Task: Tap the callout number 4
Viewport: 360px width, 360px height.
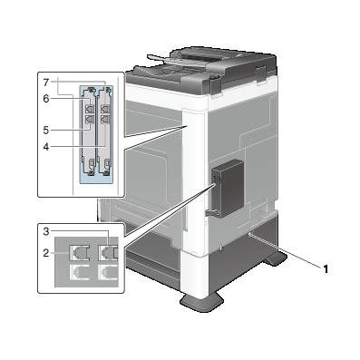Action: click(x=44, y=144)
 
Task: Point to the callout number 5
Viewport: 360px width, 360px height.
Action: click(x=44, y=129)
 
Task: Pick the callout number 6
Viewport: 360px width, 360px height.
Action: click(x=44, y=98)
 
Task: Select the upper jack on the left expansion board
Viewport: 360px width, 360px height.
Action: click(x=91, y=103)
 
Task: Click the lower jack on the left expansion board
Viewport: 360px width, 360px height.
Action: click(x=91, y=116)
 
